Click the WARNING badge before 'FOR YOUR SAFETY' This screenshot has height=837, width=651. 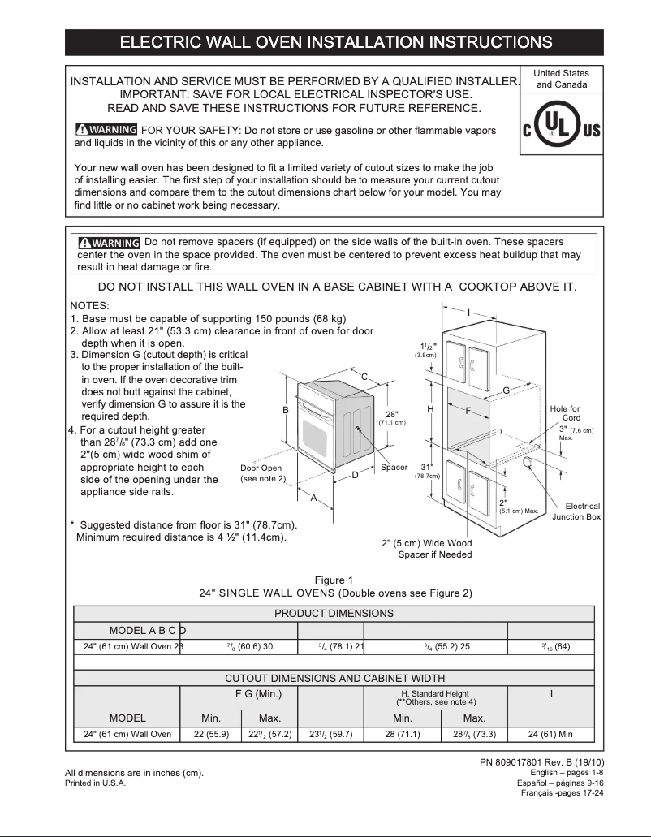coord(106,130)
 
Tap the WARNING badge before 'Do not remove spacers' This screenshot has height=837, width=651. coord(110,243)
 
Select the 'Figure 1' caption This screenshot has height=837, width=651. coord(334,580)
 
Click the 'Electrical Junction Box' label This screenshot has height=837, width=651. coord(577,511)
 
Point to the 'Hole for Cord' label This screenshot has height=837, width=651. coord(565,413)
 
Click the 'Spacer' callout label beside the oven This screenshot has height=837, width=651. coord(394,468)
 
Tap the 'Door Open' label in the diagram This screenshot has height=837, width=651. coord(261,468)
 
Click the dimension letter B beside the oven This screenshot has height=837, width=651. coord(286,410)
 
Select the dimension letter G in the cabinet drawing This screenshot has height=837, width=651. coord(506,391)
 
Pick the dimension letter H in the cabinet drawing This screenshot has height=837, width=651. coord(430,409)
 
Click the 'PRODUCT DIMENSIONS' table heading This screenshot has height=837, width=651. coord(334,614)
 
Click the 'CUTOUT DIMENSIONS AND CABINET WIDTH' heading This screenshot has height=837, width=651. coord(334,678)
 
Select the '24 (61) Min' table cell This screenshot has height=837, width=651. coord(550,735)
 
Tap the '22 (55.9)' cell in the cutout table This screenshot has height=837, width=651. coord(210,735)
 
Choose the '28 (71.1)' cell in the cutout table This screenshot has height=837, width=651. coord(403,735)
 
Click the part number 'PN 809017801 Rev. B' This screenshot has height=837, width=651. coord(542,761)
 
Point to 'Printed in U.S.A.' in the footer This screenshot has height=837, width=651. coord(96,783)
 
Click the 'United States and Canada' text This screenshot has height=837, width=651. coord(562,79)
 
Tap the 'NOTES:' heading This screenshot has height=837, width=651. coord(90,305)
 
